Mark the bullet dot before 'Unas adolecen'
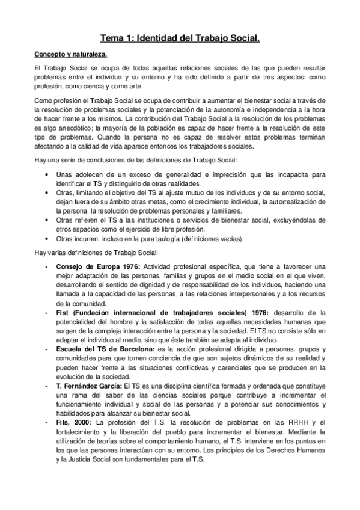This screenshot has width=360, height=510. tap(47, 173)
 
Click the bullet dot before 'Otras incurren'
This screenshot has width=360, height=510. tap(47, 238)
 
